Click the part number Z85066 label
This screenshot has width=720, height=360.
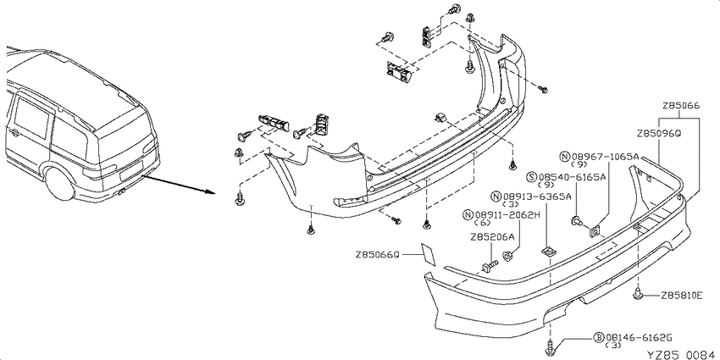point(680,106)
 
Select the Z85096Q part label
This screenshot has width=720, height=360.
point(658,134)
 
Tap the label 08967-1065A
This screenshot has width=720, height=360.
point(605,157)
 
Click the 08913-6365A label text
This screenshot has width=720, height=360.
point(537,197)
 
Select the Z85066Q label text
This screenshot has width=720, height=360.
point(378,254)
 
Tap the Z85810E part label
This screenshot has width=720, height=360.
point(682,296)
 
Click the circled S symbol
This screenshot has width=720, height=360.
point(533,177)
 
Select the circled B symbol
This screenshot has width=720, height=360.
point(599,338)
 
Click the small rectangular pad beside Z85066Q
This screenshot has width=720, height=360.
point(429,254)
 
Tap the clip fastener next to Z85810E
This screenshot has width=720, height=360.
point(639,294)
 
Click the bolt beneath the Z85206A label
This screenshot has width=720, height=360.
point(490,265)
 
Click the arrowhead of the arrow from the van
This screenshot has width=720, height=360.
point(211,191)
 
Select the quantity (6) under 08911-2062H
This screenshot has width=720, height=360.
point(484,223)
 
